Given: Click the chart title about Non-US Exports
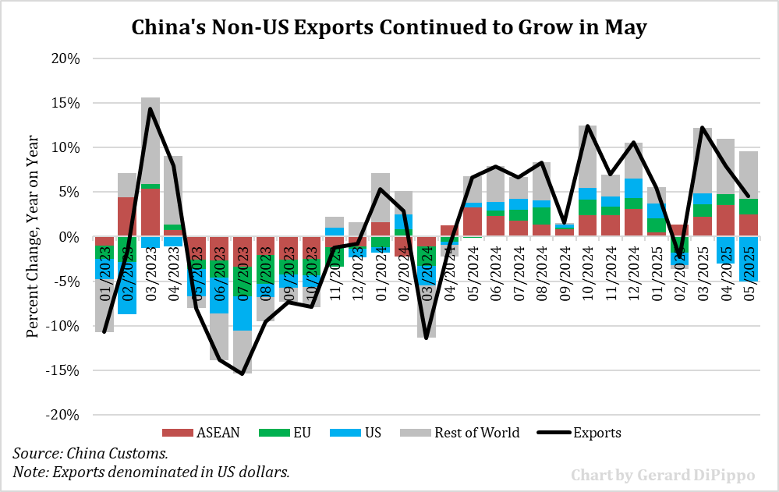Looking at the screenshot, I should coord(389,27).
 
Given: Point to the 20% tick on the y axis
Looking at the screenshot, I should coord(63,58).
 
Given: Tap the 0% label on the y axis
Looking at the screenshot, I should coord(68,237).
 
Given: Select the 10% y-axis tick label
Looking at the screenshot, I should coord(63,147).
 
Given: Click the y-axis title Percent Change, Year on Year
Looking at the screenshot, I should coord(33,238).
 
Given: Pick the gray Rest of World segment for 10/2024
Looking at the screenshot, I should coord(588,157).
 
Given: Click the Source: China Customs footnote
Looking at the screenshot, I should coord(90,453).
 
